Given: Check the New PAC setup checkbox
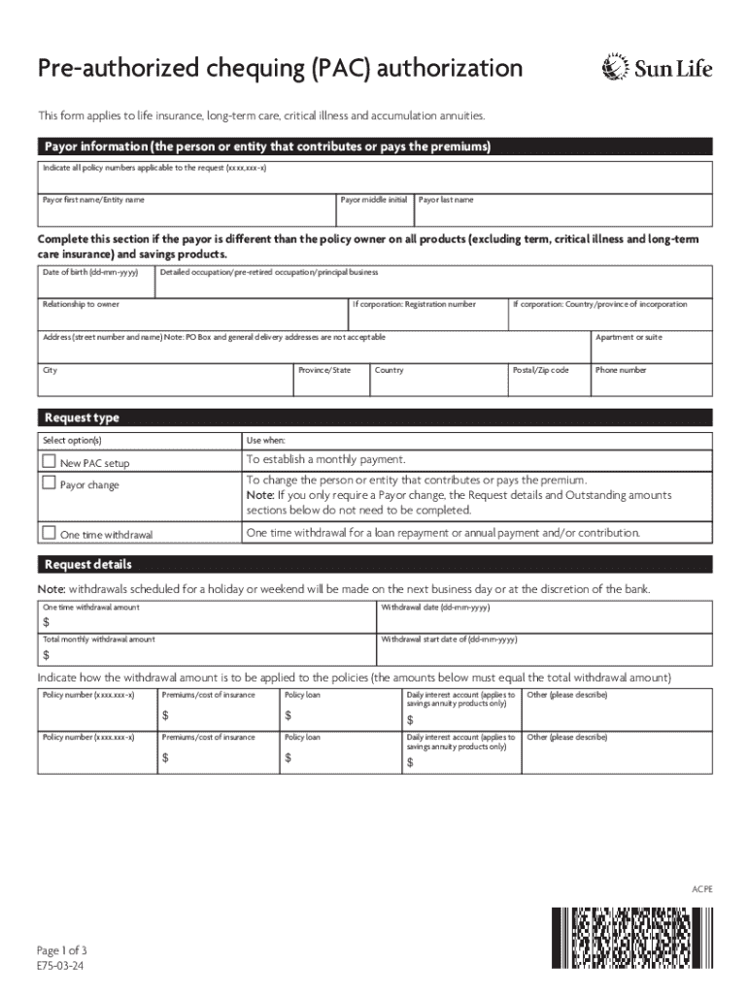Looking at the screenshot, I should [x=49, y=461].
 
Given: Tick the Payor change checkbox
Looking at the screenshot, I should [x=49, y=482].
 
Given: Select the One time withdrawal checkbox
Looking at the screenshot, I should [x=49, y=532].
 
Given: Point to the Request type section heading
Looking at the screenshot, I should [x=82, y=417].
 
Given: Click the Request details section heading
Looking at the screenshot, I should [x=87, y=565].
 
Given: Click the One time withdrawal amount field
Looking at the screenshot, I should [x=206, y=622].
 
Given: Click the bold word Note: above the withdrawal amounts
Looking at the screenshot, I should [x=51, y=590].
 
